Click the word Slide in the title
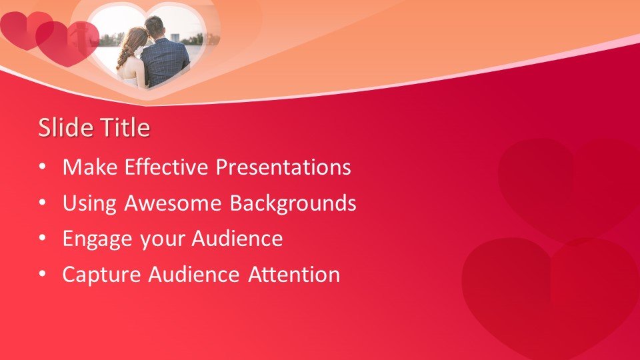click(x=66, y=127)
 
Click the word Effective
click(x=167, y=167)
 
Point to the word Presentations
click(x=283, y=167)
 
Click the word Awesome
click(x=173, y=203)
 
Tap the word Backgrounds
click(x=293, y=203)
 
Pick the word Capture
click(x=101, y=275)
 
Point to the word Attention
click(x=294, y=274)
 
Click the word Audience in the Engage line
click(x=237, y=239)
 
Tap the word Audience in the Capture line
click(x=194, y=274)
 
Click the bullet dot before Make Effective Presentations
click(x=43, y=167)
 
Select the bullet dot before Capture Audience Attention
click(x=43, y=274)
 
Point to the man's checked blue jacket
click(x=165, y=62)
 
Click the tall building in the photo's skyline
click(x=175, y=37)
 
